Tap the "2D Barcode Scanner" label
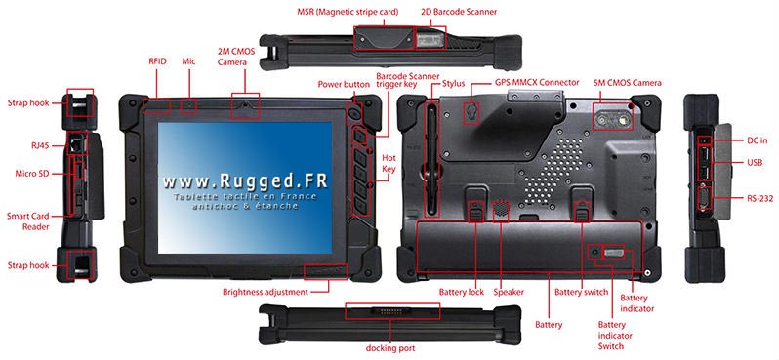[x=459, y=11]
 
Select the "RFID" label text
[x=157, y=61]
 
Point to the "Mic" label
[x=188, y=61]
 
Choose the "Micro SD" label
[x=32, y=174]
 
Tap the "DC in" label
[x=758, y=140]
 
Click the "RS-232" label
[x=760, y=199]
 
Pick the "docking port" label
[x=390, y=348]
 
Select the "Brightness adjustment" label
[x=266, y=292]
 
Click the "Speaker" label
[x=509, y=292]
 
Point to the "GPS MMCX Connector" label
[x=537, y=82]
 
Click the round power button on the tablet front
[x=354, y=114]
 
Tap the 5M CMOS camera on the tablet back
[x=613, y=120]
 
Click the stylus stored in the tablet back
[x=431, y=160]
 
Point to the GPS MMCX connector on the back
[x=471, y=112]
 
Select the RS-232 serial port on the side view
[x=704, y=199]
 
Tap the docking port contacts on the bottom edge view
[x=391, y=312]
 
